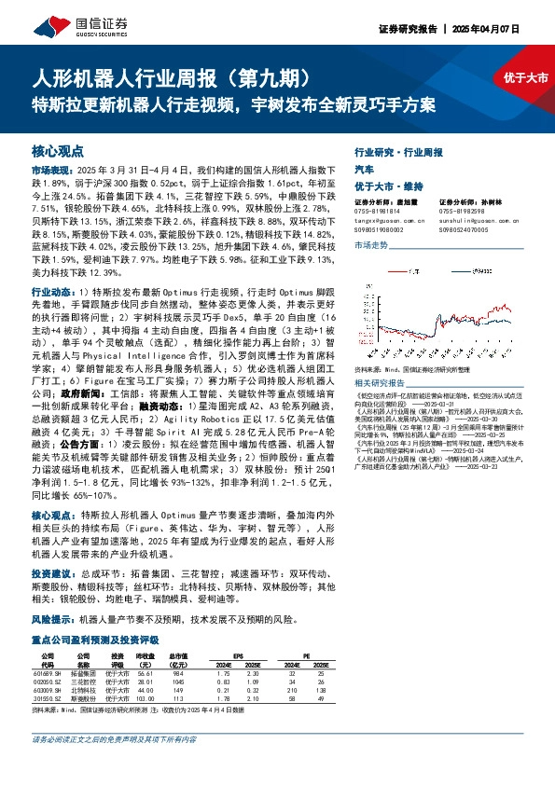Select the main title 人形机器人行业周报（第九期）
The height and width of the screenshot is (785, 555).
tap(178, 76)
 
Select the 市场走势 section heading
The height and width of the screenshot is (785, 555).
tap(372, 244)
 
